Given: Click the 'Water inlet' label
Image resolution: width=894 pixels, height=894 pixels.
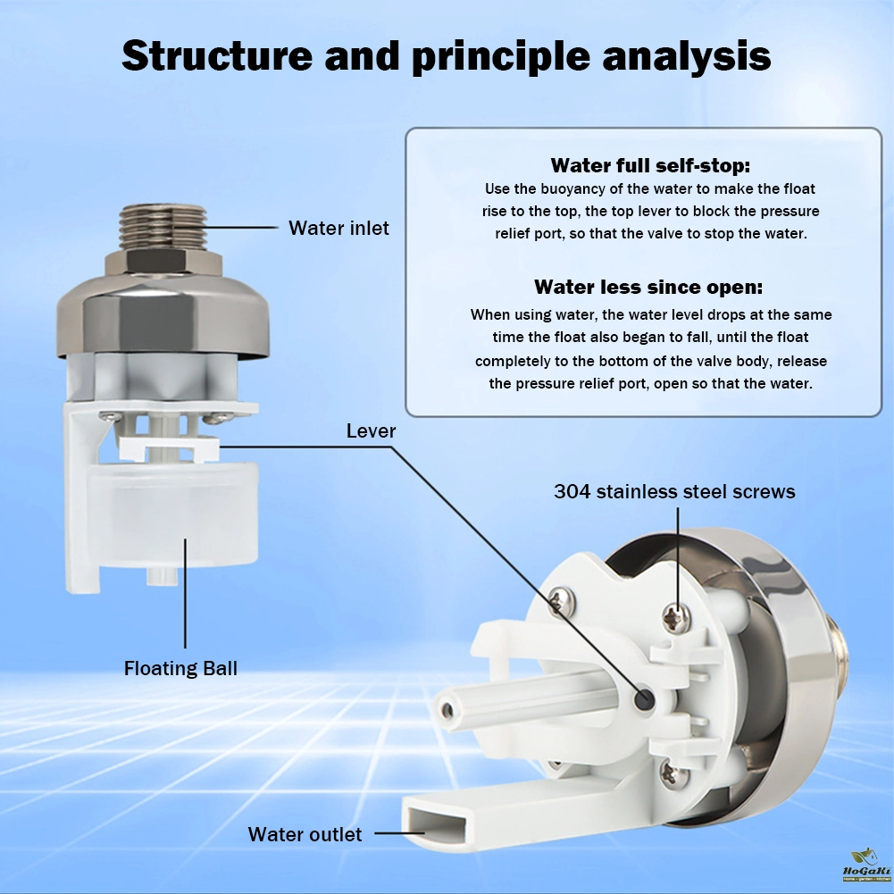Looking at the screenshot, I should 338,229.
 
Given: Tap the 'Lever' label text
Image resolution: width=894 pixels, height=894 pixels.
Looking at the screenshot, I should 371,431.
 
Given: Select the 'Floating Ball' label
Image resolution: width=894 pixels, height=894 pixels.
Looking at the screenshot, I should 181,668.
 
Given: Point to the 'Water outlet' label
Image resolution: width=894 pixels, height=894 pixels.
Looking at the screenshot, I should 305,835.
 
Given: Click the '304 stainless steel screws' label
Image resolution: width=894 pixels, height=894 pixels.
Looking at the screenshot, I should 674,491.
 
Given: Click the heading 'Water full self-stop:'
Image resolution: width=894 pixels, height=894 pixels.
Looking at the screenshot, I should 650,165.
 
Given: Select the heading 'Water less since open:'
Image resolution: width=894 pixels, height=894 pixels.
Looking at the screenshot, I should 650,287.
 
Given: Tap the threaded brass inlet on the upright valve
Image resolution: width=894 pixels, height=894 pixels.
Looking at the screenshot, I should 164,228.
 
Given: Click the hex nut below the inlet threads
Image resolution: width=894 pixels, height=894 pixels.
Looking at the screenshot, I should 164,263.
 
